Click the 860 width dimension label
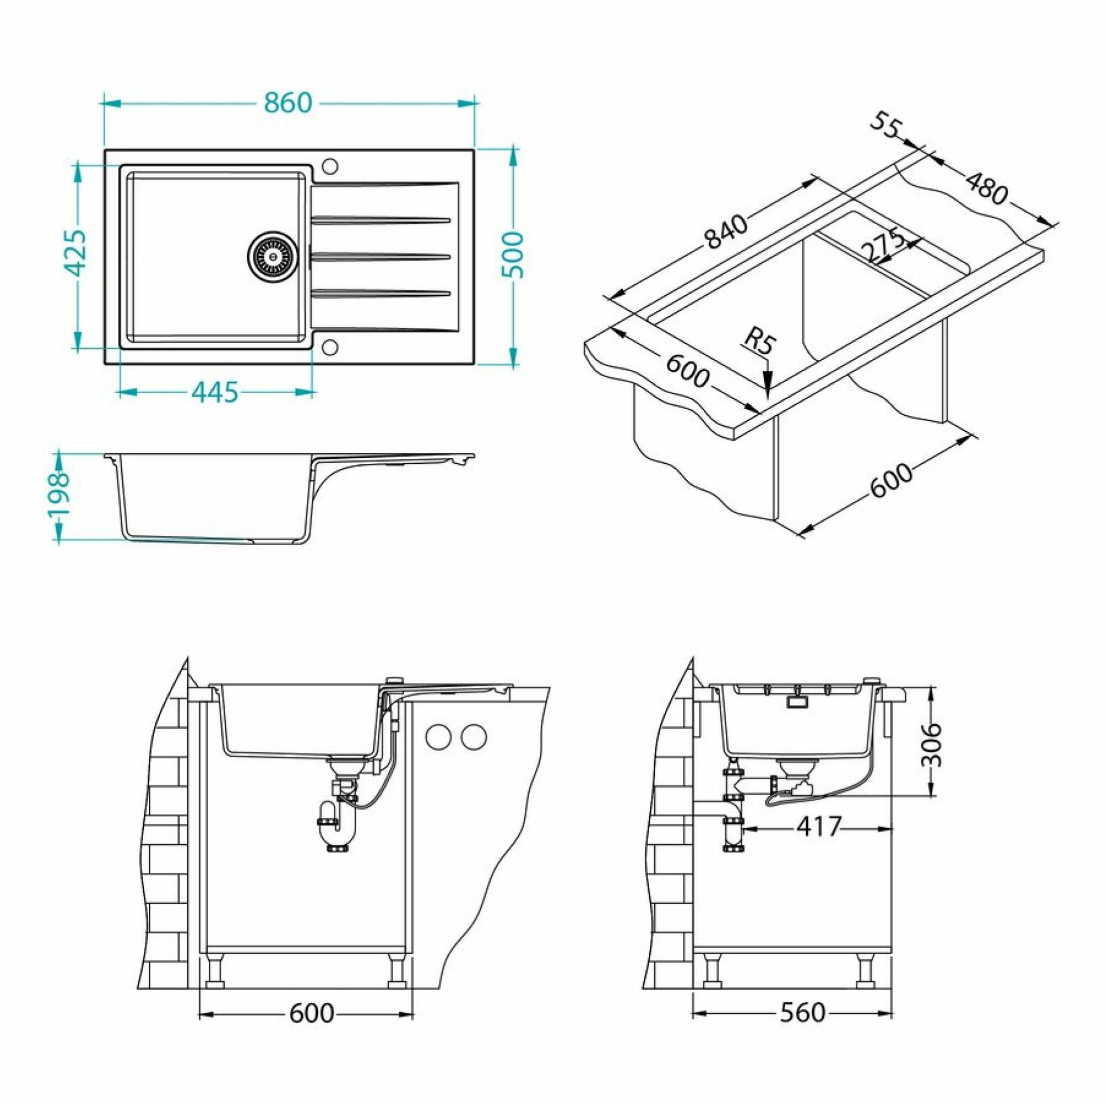pyautogui.click(x=289, y=103)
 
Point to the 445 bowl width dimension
pyautogui.click(x=214, y=392)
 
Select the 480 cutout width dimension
pyautogui.click(x=985, y=188)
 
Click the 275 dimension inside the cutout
pyautogui.click(x=882, y=247)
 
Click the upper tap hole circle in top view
pyautogui.click(x=330, y=165)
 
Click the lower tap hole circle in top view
pyautogui.click(x=330, y=345)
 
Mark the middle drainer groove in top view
pyautogui.click(x=380, y=254)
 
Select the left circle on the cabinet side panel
pyautogui.click(x=439, y=736)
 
